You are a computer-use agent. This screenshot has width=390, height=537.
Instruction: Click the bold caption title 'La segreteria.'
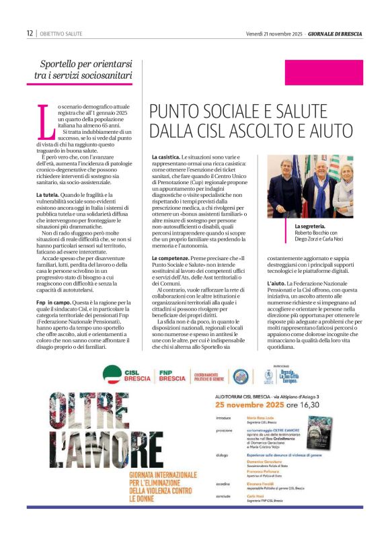(x=310, y=226)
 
